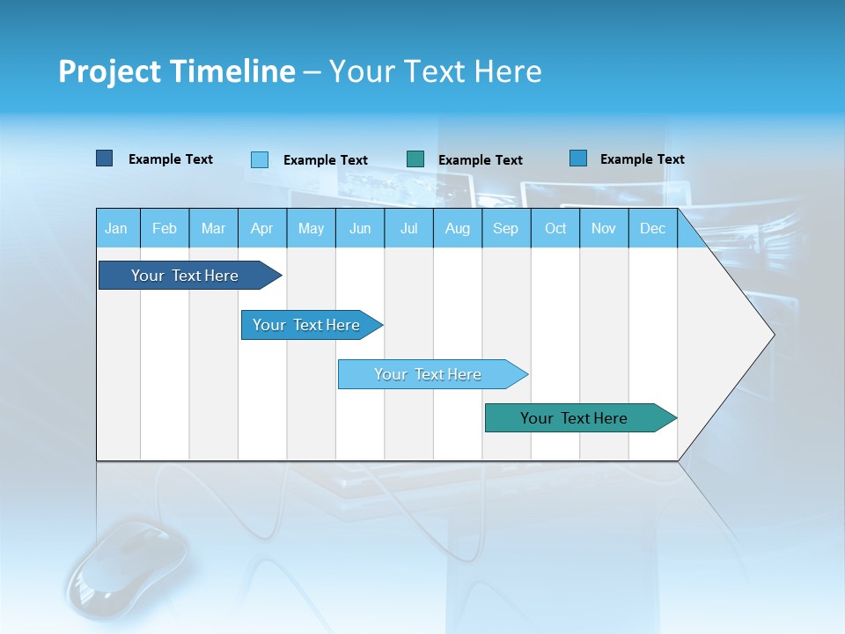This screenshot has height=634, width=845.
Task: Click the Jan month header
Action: [x=116, y=228]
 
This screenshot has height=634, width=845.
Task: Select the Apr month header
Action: [x=262, y=228]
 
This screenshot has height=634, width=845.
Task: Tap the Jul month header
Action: [x=408, y=228]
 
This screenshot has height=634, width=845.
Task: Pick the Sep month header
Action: [x=505, y=228]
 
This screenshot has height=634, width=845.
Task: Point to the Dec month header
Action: [x=652, y=228]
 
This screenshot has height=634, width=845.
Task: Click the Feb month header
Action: [x=165, y=228]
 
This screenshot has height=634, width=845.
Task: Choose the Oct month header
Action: [x=555, y=228]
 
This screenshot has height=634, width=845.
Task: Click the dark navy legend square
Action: [x=104, y=158]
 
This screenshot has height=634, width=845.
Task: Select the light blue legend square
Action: [x=259, y=159]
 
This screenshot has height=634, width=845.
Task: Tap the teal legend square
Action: [x=415, y=159]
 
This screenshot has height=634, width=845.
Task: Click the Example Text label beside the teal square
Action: [x=481, y=160]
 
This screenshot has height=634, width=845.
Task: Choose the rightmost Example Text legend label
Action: [x=643, y=159]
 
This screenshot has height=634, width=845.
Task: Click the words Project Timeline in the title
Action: [x=177, y=71]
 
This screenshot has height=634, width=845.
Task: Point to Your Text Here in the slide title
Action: [x=436, y=71]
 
